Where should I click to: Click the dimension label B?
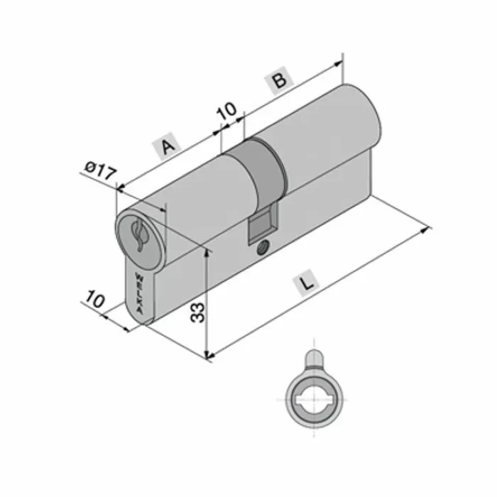pyautogui.click(x=280, y=81)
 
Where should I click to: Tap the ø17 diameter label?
pyautogui.click(x=99, y=170)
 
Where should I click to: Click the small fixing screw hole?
pyautogui.click(x=263, y=249)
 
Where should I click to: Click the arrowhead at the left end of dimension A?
pyautogui.click(x=120, y=188)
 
